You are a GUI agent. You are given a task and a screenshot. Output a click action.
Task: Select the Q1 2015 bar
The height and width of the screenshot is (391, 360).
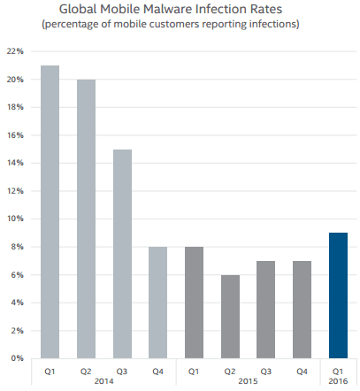click(x=193, y=303)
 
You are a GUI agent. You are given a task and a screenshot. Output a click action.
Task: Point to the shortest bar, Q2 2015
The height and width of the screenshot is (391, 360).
click(x=229, y=316)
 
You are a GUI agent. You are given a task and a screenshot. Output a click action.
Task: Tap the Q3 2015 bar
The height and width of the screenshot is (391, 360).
click(x=265, y=310)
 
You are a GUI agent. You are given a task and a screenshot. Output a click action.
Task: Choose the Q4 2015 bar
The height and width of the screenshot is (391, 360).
click(x=303, y=310)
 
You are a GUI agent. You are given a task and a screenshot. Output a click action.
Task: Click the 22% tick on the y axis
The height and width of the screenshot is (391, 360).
click(x=14, y=51)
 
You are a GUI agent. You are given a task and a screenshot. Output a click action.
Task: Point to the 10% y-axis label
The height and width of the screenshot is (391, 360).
click(x=14, y=218)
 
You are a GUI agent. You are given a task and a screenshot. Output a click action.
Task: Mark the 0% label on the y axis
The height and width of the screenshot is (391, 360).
click(x=16, y=358)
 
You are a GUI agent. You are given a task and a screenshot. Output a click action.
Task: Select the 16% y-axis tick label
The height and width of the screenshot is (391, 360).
click(x=14, y=135)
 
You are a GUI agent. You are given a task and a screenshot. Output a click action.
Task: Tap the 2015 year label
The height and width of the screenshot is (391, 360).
click(x=248, y=381)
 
